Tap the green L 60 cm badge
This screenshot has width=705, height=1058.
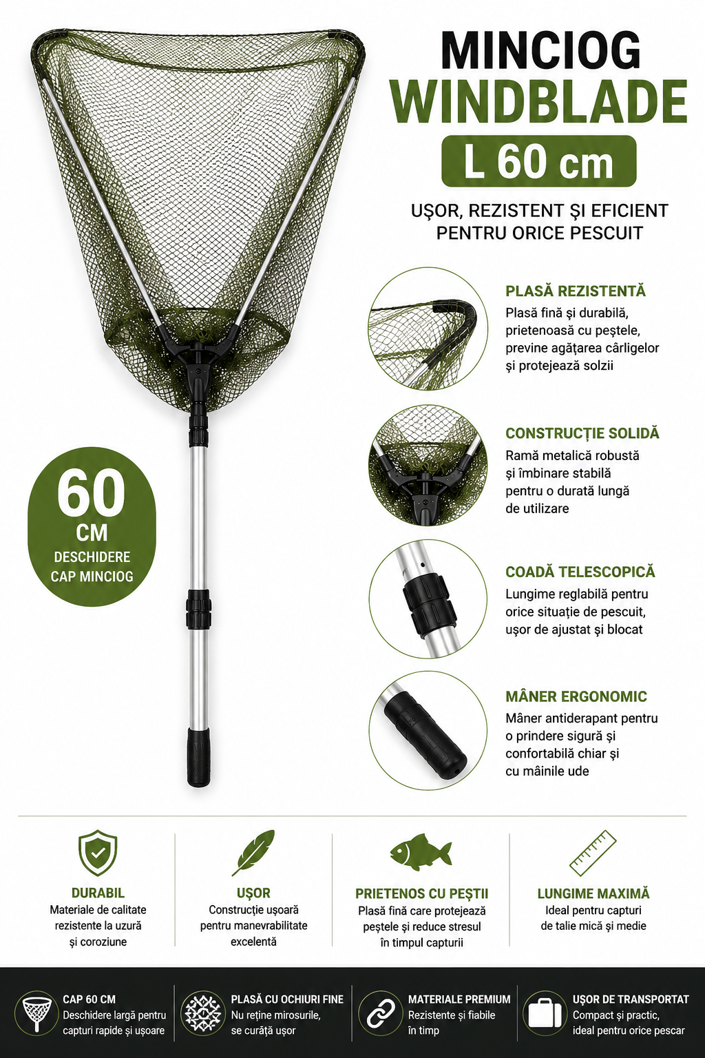(x=539, y=162)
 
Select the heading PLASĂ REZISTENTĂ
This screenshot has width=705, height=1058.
(x=575, y=291)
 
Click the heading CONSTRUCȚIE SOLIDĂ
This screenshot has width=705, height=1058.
(x=582, y=433)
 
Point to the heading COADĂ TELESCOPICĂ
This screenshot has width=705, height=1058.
(x=580, y=572)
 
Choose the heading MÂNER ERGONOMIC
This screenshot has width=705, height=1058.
(x=576, y=696)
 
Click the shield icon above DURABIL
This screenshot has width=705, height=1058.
(x=98, y=853)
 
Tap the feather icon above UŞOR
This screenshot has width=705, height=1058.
(x=253, y=853)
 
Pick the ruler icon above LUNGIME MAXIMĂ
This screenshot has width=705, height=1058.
(x=593, y=853)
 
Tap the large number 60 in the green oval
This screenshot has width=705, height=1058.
(x=92, y=493)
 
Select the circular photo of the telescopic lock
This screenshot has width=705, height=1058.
(x=428, y=600)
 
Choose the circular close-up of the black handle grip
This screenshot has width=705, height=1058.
(x=428, y=730)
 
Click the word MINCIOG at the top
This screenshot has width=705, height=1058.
(x=541, y=51)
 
